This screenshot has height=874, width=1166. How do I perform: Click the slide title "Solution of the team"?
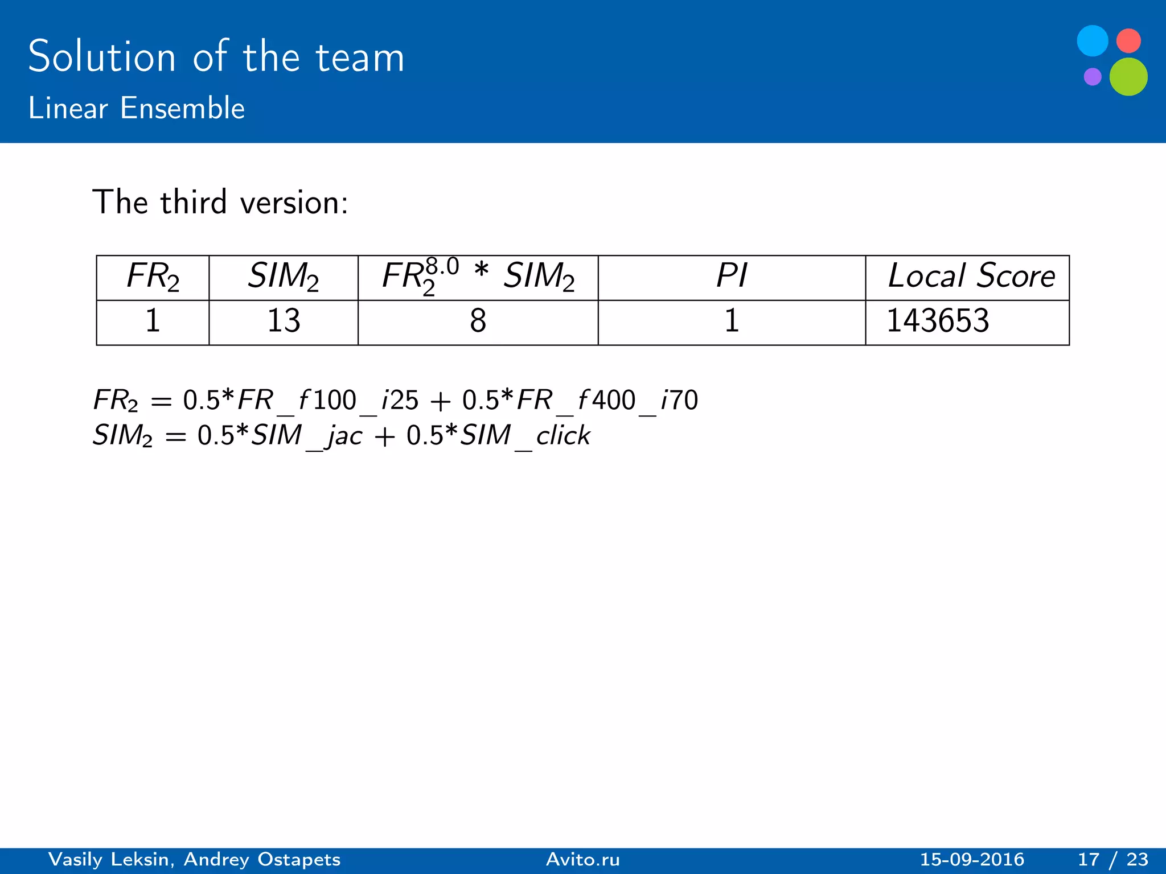[x=216, y=57]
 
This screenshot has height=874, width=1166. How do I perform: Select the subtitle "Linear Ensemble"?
[x=137, y=108]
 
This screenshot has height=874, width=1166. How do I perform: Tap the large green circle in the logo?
[x=1128, y=77]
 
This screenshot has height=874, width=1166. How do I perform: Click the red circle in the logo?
[x=1128, y=41]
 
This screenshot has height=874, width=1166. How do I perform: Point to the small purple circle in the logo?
[x=1093, y=76]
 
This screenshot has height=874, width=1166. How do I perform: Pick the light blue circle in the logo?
[x=1093, y=41]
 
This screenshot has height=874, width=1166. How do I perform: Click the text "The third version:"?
[x=220, y=202]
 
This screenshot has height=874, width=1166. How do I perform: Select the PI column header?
[x=731, y=277]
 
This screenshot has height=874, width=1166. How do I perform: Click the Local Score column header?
[x=971, y=277]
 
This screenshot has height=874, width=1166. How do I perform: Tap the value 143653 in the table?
[x=938, y=321]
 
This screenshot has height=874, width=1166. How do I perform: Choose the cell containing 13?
[x=284, y=321]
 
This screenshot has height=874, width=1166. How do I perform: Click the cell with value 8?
[x=478, y=321]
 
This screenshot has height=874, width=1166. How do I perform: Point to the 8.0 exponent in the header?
[x=442, y=266]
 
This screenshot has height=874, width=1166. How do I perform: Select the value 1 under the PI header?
[x=731, y=321]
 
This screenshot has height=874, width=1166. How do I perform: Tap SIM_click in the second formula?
[x=525, y=436]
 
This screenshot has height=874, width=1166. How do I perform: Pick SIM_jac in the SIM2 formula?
[x=307, y=436]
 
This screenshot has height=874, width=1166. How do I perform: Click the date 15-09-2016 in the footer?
[x=972, y=859]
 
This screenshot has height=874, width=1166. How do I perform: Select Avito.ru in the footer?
[x=583, y=859]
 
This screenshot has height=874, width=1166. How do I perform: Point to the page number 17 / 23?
[x=1113, y=859]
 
